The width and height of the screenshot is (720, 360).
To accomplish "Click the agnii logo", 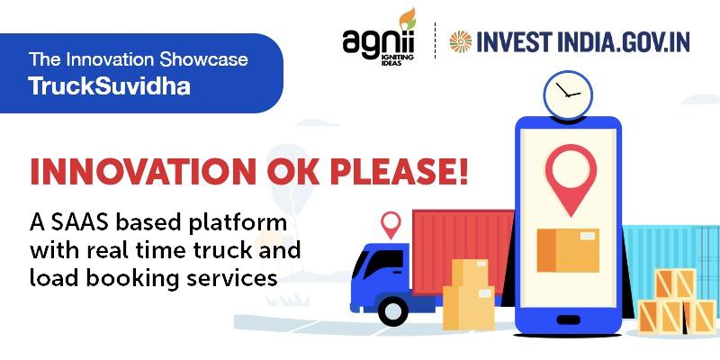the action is tap(379, 38).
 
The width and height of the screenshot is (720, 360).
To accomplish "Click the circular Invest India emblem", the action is tap(461, 41).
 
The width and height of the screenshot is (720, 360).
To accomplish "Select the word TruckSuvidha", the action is tap(109, 85).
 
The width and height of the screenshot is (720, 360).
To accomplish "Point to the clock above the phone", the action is tap(568, 95).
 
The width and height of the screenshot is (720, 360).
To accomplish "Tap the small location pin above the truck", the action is tap(391, 224).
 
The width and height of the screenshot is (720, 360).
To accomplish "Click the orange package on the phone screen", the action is tap(568, 250).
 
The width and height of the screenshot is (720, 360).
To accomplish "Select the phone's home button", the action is tap(569, 319).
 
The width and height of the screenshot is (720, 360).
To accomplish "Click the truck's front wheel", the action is tap(392, 310).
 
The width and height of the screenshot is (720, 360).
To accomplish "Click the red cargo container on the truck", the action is tap(463, 251).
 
